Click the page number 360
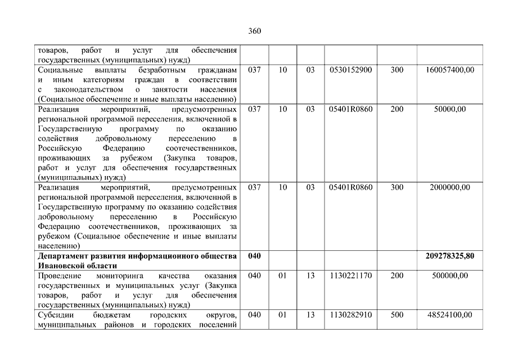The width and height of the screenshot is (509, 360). pos(254,31)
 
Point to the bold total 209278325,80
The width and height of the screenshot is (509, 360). pos(450,256)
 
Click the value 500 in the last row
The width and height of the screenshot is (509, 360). pos(397,315)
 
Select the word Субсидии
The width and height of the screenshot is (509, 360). pos(55,315)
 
